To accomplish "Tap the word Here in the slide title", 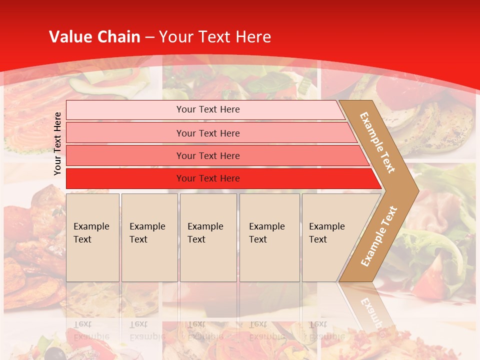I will [x=253, y=37].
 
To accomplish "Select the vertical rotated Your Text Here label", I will [x=57, y=143].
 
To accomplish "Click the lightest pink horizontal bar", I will [x=207, y=109].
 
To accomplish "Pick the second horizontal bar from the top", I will [x=207, y=133].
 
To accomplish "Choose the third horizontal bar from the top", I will [x=207, y=155].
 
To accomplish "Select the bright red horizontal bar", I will [x=207, y=178].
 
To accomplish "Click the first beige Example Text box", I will [x=92, y=237].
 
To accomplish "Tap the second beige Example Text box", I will [x=149, y=237].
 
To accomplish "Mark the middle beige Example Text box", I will [x=208, y=237].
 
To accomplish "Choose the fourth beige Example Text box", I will [x=269, y=237].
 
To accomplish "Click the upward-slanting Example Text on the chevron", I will [x=379, y=236].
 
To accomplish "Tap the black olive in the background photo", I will [x=58, y=353].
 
